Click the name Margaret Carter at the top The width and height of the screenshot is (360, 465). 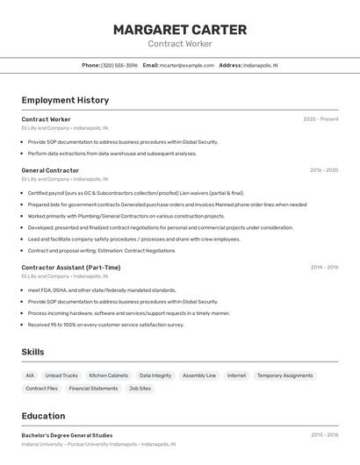(180, 30)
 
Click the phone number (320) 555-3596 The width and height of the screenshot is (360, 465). (119, 65)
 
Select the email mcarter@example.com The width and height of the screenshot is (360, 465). (187, 65)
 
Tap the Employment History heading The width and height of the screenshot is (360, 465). (65, 100)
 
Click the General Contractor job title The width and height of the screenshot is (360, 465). (50, 170)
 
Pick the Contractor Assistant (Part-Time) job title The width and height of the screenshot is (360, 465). (71, 268)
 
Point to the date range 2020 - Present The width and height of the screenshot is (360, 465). (320, 119)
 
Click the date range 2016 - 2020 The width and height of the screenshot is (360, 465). (324, 170)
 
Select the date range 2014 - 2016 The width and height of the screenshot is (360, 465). (324, 268)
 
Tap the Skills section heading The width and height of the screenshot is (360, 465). (32, 352)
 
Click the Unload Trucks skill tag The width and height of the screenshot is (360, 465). (61, 376)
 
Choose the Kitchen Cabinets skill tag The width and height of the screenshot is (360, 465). (109, 376)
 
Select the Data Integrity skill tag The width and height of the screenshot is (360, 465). (155, 376)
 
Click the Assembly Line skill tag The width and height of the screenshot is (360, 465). (199, 376)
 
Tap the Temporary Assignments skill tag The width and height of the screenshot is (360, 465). (284, 376)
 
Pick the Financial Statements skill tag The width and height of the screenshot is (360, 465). (93, 388)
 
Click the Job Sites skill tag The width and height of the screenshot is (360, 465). (140, 388)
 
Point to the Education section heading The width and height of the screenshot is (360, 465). (43, 416)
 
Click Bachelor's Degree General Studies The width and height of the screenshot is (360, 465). (67, 435)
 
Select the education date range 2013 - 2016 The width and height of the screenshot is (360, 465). (324, 435)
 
